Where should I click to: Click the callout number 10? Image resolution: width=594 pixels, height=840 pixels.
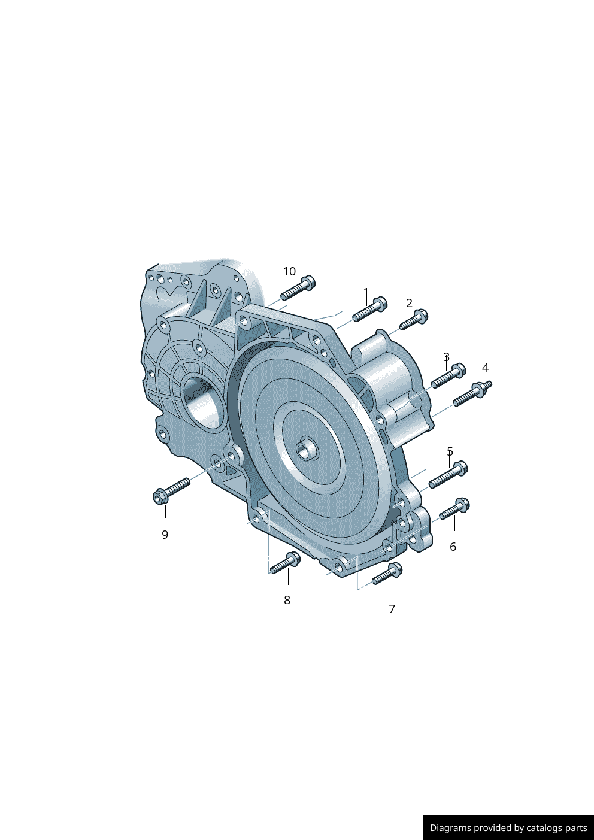click(x=289, y=271)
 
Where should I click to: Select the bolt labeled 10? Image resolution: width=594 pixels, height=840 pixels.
click(x=298, y=289)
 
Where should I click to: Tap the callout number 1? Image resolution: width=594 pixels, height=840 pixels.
click(x=366, y=292)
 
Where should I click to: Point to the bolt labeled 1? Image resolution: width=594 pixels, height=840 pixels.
click(x=370, y=310)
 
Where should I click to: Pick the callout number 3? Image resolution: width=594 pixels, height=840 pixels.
click(x=446, y=357)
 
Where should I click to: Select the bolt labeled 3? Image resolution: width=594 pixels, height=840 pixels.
click(x=448, y=375)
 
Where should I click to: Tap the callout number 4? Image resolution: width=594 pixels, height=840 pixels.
click(x=485, y=368)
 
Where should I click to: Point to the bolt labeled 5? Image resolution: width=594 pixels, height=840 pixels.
click(x=448, y=476)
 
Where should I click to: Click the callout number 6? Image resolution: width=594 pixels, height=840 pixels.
click(x=453, y=547)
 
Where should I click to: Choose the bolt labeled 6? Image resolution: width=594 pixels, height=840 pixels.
click(x=454, y=510)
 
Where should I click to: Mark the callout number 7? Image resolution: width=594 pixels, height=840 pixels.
click(x=392, y=609)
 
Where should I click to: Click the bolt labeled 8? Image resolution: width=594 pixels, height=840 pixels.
click(x=285, y=564)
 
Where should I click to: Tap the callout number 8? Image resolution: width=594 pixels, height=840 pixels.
click(x=287, y=600)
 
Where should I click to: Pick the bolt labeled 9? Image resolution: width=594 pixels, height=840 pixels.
click(x=171, y=490)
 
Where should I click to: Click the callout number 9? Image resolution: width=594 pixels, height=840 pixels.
click(x=165, y=535)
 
